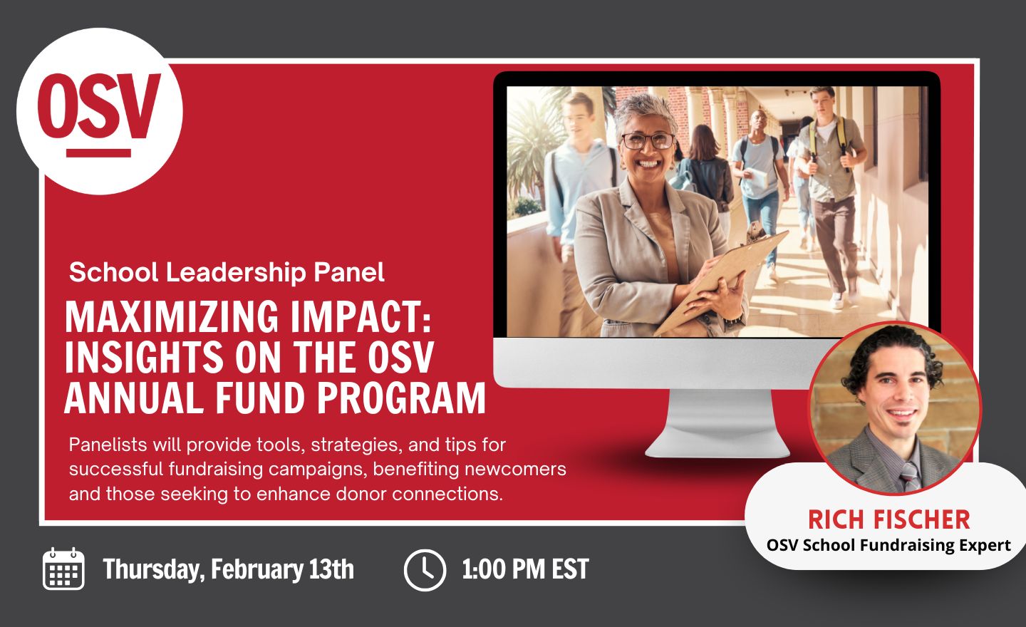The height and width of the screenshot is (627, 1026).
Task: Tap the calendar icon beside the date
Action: coord(63,569)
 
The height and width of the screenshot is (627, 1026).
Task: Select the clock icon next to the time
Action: coord(425,570)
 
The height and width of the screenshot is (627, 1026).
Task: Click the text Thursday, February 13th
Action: coord(229,569)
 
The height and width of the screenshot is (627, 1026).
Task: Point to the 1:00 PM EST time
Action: coord(525,569)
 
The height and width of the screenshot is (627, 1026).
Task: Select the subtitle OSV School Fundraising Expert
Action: coord(888,545)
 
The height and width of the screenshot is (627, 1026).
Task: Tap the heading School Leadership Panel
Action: coord(227,272)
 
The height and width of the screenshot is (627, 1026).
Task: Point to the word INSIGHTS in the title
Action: coord(144,357)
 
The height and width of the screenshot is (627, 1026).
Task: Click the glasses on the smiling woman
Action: coord(648,141)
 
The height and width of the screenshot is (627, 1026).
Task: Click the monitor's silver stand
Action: coord(717,424)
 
